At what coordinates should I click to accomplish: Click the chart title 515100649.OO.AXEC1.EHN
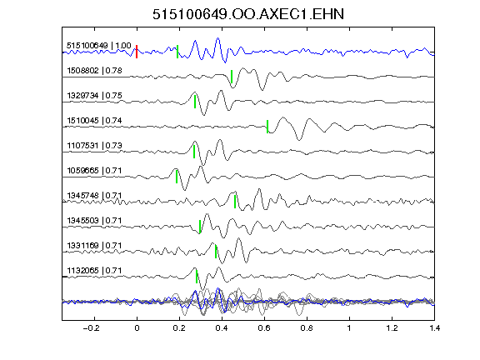tap(248, 14)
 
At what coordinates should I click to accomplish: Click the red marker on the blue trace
tap(137, 52)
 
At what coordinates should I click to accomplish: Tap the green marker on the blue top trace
tap(177, 52)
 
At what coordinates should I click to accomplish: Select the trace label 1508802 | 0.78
tap(95, 71)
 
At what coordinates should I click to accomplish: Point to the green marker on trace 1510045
tap(267, 127)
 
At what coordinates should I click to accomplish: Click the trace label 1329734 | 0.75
tap(95, 96)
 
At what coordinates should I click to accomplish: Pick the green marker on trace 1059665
tap(177, 177)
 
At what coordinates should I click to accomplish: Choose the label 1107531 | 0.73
tap(95, 145)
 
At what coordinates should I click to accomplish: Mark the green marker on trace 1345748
tap(235, 202)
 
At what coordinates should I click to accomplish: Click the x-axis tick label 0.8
tap(307, 328)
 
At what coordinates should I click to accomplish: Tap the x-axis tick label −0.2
tap(91, 328)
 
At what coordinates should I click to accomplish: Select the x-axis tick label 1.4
tap(435, 328)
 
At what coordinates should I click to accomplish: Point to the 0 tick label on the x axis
tap(137, 328)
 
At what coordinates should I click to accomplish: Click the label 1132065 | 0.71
tap(95, 271)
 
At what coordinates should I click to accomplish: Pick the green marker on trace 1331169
tap(216, 252)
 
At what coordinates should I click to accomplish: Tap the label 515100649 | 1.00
tap(99, 46)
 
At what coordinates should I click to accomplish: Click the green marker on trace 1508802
tap(232, 77)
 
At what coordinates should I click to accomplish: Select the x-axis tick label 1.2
tap(392, 328)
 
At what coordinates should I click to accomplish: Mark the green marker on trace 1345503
tap(200, 227)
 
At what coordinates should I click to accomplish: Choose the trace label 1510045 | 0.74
tap(95, 121)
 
